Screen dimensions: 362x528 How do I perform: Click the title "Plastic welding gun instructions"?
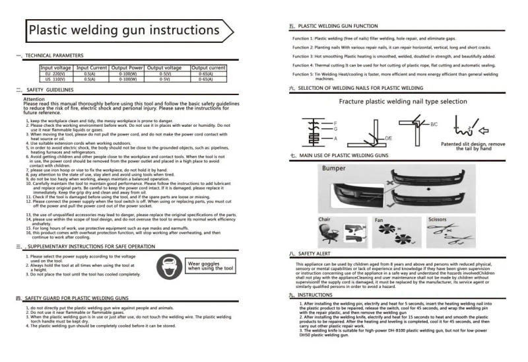tap(123, 30)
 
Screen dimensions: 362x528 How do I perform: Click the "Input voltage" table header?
tap(56, 67)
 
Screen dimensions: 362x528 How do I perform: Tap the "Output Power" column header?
tap(127, 67)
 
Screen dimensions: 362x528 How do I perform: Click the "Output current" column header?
tap(209, 67)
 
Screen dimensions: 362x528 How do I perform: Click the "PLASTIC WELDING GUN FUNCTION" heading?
tap(337, 26)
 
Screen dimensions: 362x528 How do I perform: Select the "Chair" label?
tap(325, 219)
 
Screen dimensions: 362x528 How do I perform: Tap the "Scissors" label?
tap(437, 219)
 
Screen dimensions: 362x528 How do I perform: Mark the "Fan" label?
tap(379, 220)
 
